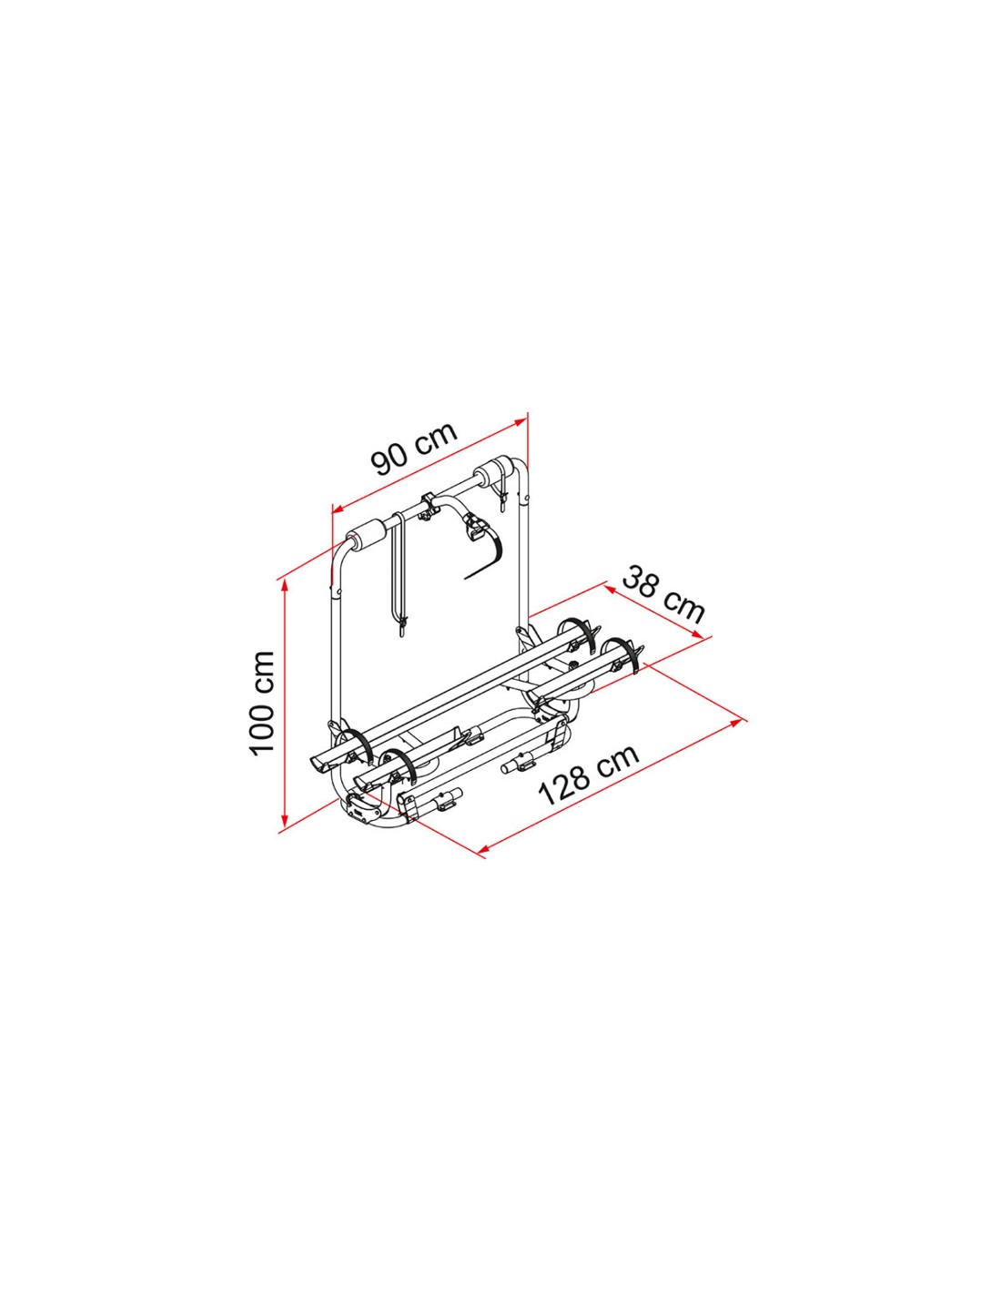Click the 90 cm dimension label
pyautogui.click(x=414, y=449)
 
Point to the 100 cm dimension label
pyautogui.click(x=262, y=703)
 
